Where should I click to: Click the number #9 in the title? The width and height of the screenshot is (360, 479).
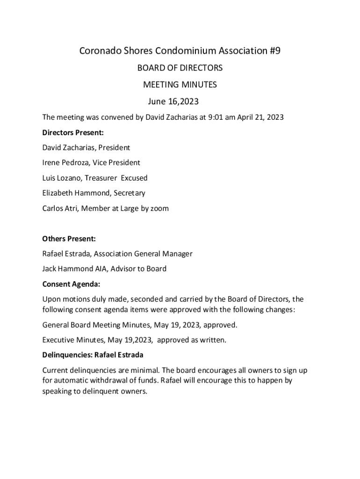pos(274,51)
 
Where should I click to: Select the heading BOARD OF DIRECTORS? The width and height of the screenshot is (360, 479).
pos(180,68)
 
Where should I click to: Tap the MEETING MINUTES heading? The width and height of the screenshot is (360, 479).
pos(180,85)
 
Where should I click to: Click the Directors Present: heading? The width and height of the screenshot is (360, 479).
pos(73,132)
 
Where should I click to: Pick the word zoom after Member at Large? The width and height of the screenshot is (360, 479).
pos(159,208)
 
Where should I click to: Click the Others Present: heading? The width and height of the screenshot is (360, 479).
pos(69,239)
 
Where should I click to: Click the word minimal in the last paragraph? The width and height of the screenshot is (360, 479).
pos(145,370)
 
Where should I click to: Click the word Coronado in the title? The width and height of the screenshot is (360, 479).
pos(100,51)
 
